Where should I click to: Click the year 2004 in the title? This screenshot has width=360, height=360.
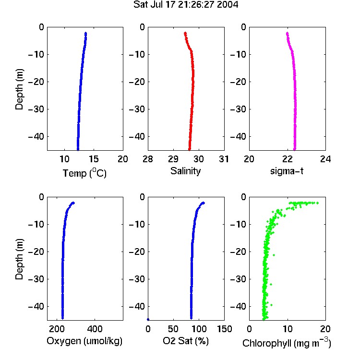(228, 5)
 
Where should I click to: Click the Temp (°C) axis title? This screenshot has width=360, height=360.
(84, 173)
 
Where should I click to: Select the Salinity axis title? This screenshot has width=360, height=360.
(185, 171)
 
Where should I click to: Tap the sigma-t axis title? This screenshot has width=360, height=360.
(287, 171)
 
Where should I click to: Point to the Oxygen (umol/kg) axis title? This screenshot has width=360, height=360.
(84, 341)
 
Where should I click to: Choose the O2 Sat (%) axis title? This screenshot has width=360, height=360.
(186, 341)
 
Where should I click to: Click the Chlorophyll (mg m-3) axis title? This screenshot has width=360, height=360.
(287, 343)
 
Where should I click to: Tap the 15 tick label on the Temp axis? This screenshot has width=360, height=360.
(94, 159)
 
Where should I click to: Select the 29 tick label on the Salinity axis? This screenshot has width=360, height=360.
(173, 159)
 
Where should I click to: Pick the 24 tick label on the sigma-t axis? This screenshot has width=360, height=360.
(325, 159)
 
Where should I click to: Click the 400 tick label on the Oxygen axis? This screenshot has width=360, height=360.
(95, 329)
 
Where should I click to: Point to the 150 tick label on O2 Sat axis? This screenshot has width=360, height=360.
(224, 329)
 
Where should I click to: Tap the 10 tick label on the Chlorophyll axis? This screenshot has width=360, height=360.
(288, 329)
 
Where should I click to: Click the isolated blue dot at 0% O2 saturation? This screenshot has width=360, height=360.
(148, 319)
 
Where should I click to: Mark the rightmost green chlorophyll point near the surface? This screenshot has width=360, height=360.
(318, 203)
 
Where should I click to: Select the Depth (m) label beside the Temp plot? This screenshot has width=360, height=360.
(19, 89)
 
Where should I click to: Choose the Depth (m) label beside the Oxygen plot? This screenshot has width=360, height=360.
(19, 259)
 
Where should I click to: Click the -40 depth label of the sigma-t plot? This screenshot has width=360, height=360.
(238, 137)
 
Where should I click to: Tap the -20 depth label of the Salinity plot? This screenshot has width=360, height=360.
(137, 82)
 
